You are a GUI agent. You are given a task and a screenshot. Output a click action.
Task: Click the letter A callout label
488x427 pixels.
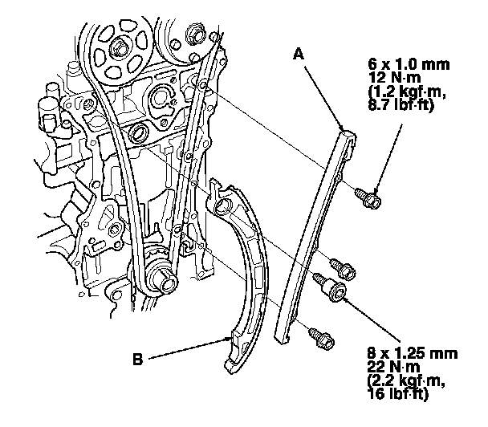[x=299, y=55]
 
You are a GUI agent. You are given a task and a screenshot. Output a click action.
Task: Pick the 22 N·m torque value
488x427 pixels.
[x=388, y=367]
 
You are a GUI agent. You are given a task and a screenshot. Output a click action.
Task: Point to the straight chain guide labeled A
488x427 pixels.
[x=317, y=233]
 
